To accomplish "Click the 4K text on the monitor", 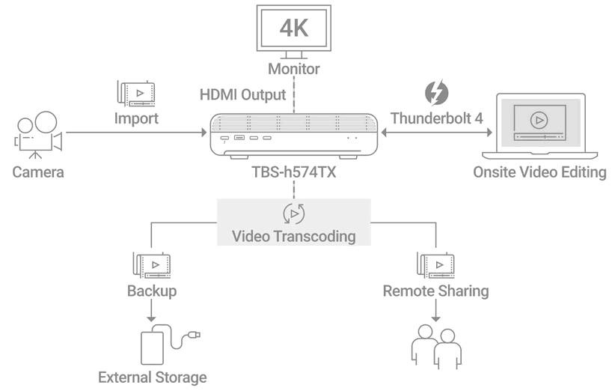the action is pyautogui.click(x=294, y=28).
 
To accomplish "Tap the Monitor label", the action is pyautogui.click(x=294, y=69).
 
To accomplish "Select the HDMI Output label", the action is pyautogui.click(x=242, y=95).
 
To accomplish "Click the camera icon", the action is pyautogui.click(x=38, y=135).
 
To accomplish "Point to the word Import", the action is pyautogui.click(x=136, y=118).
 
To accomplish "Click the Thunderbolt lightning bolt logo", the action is pyautogui.click(x=436, y=93).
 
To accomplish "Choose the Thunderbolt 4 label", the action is pyautogui.click(x=437, y=118).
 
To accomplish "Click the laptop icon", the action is pyautogui.click(x=540, y=126).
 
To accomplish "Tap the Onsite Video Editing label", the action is pyautogui.click(x=539, y=172).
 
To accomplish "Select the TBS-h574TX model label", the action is pyautogui.click(x=294, y=172).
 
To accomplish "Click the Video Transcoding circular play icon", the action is pyautogui.click(x=294, y=213).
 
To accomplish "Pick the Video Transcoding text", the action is pyautogui.click(x=293, y=236).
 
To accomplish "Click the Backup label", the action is pyautogui.click(x=152, y=291).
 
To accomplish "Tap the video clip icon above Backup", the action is pyautogui.click(x=152, y=265).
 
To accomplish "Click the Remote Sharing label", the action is pyautogui.click(x=435, y=291).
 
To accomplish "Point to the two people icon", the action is pyautogui.click(x=436, y=347).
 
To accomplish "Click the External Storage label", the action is pyautogui.click(x=152, y=378).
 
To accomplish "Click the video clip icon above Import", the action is pyautogui.click(x=136, y=94).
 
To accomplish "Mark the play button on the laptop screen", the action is pyautogui.click(x=539, y=121).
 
